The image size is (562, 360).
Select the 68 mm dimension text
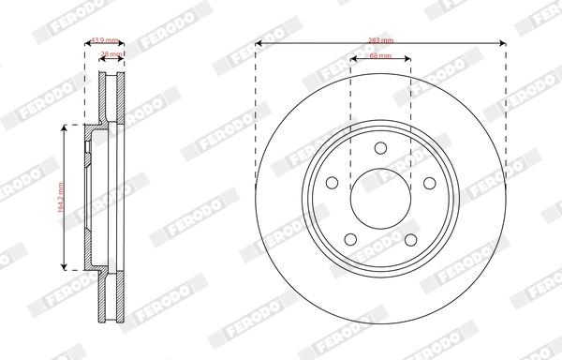380,57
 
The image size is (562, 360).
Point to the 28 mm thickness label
111,55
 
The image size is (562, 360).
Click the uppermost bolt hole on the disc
380,147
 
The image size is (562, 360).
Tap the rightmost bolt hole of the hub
430,184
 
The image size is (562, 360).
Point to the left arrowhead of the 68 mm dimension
353,61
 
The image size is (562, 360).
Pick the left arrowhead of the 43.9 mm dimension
87,44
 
